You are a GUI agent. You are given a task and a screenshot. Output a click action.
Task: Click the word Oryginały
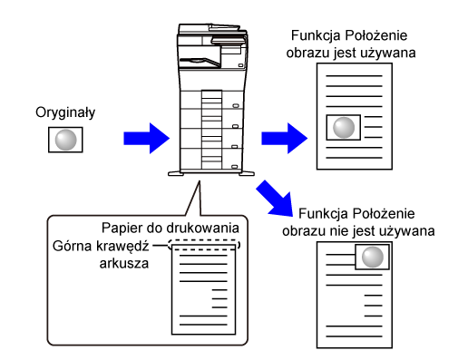tap(65, 112)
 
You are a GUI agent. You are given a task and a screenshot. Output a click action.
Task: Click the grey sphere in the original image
tap(65, 140)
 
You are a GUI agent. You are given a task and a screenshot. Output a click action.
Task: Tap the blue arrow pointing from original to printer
tap(147, 138)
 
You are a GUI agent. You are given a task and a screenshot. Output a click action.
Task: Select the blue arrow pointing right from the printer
tap(284, 138)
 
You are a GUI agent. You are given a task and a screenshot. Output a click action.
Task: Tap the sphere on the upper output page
tap(344, 127)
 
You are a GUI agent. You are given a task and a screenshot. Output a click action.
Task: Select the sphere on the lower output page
tap(373, 257)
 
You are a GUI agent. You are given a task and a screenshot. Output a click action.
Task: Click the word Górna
tap(72, 246)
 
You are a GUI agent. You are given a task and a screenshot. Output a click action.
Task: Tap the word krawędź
tap(122, 247)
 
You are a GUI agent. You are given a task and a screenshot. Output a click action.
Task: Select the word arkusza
tap(124, 264)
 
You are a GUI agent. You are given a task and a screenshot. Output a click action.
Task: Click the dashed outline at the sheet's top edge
tap(204, 240)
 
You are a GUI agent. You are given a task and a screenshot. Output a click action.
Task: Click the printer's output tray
tap(200, 62)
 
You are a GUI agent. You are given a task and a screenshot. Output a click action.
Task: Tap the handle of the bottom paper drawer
tap(234, 167)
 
